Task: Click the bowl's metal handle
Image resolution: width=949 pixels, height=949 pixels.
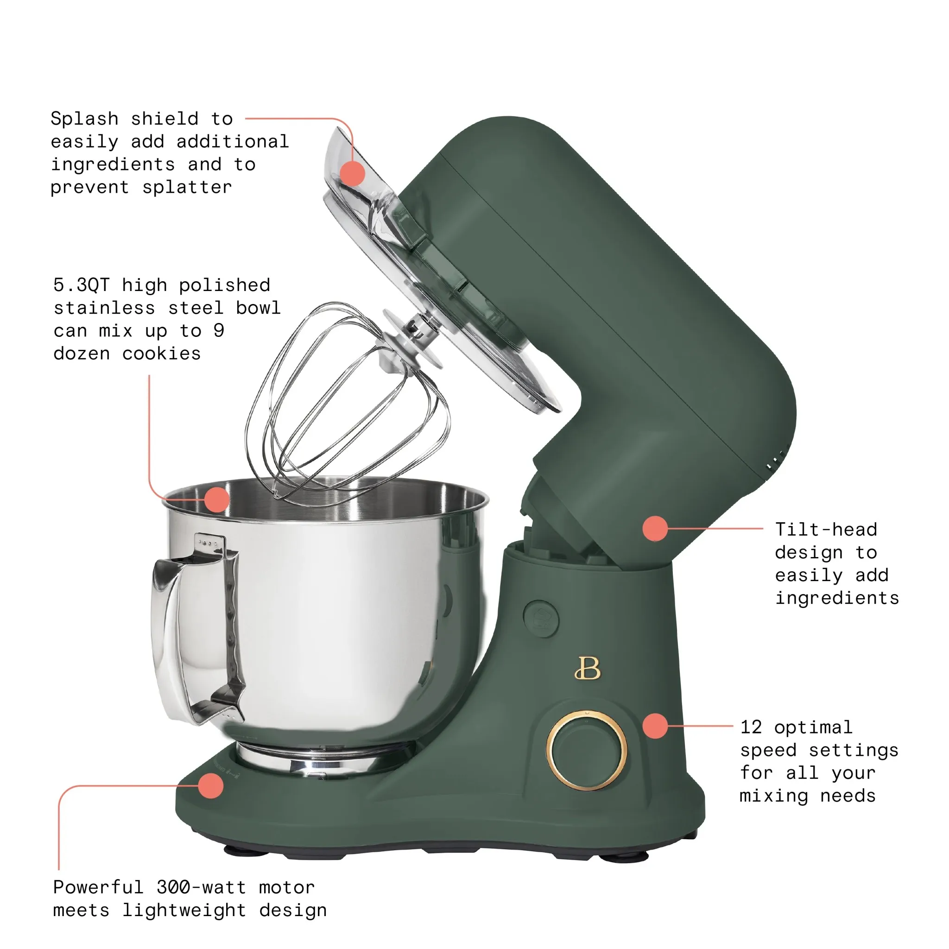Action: click(x=196, y=629)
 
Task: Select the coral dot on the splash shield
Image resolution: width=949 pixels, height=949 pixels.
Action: click(x=353, y=173)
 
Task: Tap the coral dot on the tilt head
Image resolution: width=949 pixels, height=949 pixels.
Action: click(x=655, y=529)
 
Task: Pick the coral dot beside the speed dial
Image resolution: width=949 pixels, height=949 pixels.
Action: click(x=655, y=726)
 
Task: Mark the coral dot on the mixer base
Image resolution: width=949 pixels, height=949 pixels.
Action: click(x=211, y=785)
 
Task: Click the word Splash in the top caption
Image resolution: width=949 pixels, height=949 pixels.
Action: click(x=84, y=119)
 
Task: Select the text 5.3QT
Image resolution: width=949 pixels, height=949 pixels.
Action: click(x=82, y=285)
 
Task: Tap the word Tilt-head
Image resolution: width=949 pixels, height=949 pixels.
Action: click(x=826, y=530)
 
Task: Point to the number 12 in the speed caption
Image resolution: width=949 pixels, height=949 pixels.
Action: click(x=751, y=727)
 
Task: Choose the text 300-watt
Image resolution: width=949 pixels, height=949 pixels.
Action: click(x=202, y=887)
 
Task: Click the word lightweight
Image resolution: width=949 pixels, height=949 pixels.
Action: click(x=184, y=910)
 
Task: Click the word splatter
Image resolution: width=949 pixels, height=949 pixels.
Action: click(x=187, y=188)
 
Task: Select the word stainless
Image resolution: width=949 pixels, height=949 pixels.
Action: click(x=104, y=308)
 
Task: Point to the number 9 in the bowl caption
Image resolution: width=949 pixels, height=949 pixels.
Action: click(x=219, y=330)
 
